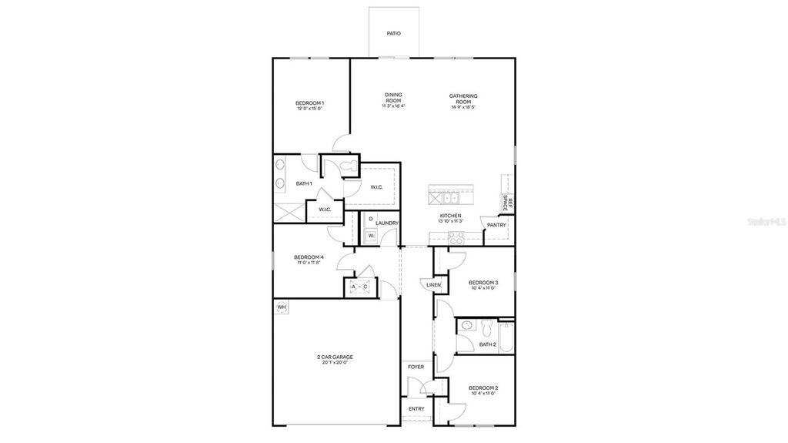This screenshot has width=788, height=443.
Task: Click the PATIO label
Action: [x=393, y=34]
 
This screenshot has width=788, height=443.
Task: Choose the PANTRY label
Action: [x=496, y=225]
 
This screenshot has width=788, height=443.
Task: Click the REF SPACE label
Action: [x=508, y=203]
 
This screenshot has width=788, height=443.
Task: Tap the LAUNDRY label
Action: [x=387, y=223]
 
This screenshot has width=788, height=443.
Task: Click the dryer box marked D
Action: [x=370, y=220]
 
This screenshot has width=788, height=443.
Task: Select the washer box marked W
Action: [x=370, y=235]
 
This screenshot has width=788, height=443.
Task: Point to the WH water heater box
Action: [x=281, y=307]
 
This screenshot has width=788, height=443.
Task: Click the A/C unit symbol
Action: [x=359, y=287]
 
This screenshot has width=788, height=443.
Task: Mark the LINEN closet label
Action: [x=433, y=286]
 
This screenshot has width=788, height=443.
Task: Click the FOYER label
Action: [x=416, y=367]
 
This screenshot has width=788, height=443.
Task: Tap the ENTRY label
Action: [x=416, y=408]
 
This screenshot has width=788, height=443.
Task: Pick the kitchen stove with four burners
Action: [x=457, y=237]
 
